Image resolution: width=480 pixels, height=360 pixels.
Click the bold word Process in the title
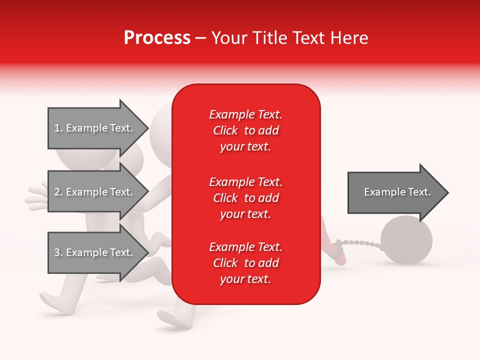[157, 38]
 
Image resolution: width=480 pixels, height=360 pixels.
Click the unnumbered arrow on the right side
[395, 192]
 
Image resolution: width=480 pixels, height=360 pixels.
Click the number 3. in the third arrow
[58, 252]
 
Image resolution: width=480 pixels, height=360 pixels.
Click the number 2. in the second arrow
[58, 192]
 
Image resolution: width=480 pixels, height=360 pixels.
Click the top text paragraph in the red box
[245, 130]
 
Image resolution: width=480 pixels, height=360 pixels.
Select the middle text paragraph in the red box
[245, 198]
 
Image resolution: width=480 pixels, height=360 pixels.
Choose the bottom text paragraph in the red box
[245, 263]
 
